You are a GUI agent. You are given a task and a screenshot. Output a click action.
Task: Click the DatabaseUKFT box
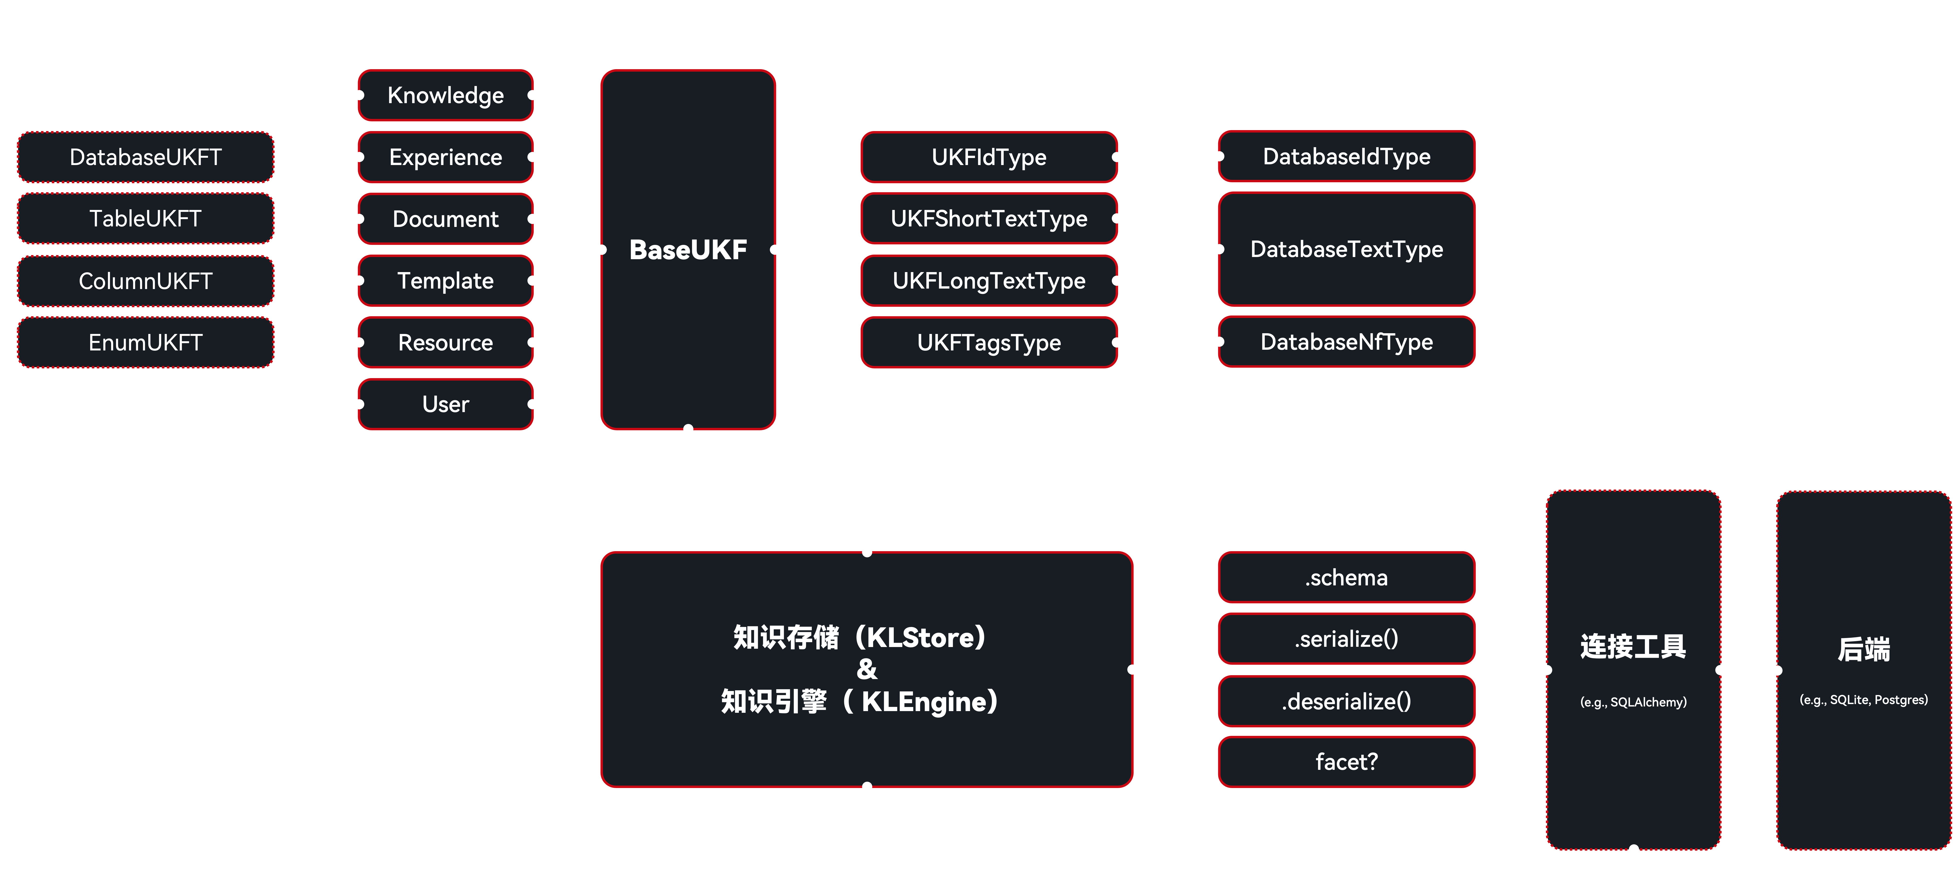coord(146,157)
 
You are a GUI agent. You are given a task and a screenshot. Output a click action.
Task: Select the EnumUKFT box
coord(146,343)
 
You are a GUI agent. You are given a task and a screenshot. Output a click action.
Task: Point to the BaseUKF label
coord(688,249)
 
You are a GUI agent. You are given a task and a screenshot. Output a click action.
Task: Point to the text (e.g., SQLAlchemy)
coord(1633,702)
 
